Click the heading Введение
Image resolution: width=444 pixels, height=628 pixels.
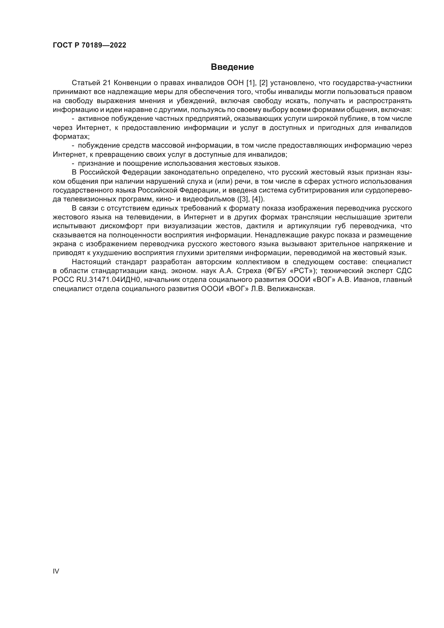[232, 67]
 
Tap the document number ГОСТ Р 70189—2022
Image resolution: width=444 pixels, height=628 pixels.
[89, 45]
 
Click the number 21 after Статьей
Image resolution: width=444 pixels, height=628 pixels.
[108, 83]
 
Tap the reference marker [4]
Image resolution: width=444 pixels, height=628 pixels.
[256, 199]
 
